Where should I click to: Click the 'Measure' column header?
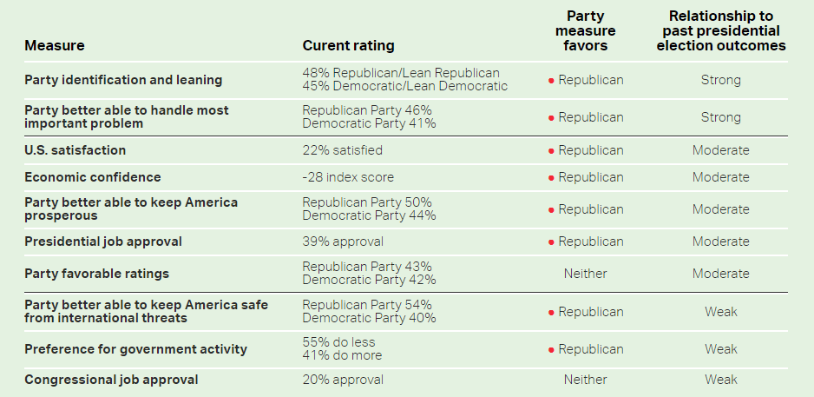click(54, 45)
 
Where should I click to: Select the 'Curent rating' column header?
click(348, 45)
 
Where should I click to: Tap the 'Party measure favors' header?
click(586, 31)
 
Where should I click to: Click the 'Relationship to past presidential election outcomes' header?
click(720, 31)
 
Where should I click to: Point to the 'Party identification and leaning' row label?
click(123, 80)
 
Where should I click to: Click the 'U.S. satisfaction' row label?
click(75, 150)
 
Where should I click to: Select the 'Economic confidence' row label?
click(93, 177)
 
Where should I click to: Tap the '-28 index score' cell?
click(348, 177)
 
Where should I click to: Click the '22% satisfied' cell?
click(342, 150)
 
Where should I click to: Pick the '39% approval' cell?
click(343, 242)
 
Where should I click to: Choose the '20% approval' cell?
click(343, 380)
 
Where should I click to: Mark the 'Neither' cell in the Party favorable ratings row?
click(586, 274)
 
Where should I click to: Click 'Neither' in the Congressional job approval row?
click(586, 380)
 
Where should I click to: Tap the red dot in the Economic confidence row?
click(551, 177)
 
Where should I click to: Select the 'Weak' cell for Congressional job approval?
click(720, 380)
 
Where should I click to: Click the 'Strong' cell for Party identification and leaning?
click(720, 80)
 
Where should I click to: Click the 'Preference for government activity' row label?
click(135, 349)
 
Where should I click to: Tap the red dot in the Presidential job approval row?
click(551, 242)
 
